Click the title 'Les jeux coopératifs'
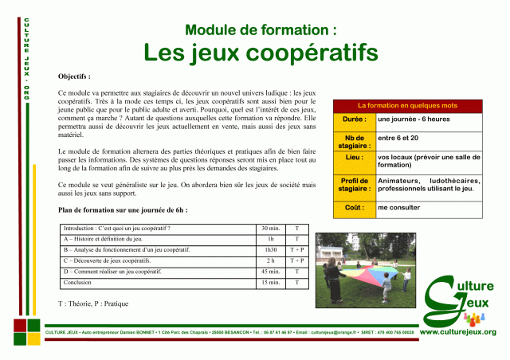(261, 53)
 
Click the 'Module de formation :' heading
(261, 29)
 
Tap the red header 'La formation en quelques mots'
(407, 105)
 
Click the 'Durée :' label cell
(353, 119)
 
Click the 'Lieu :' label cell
(353, 158)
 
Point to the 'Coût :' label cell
(353, 207)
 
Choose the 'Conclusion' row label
(79, 283)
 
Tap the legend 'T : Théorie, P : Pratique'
(93, 303)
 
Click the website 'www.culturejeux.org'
(457, 331)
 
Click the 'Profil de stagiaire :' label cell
(353, 186)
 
